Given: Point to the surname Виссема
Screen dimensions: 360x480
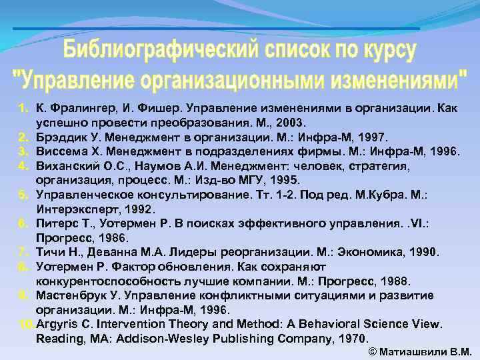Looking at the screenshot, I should [63, 151].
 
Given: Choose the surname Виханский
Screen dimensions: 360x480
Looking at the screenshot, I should [67, 165].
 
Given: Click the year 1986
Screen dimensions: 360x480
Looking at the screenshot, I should [110, 237].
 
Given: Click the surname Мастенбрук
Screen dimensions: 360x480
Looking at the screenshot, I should [75, 295].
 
